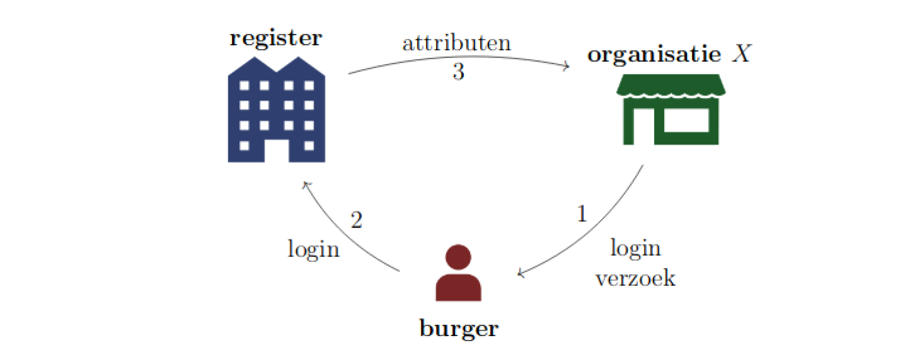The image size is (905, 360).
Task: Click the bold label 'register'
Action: (275, 38)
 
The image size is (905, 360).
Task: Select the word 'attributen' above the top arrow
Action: (456, 44)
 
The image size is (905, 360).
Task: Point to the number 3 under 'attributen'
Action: (458, 72)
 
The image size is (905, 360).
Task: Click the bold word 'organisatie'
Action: (654, 55)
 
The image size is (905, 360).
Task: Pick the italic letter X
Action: (742, 55)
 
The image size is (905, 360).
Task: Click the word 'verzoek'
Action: (635, 278)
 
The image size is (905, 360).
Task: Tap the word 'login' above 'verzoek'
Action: (635, 249)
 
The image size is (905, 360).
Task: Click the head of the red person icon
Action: (458, 257)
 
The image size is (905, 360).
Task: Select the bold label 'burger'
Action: (458, 328)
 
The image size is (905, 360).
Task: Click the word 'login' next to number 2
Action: (314, 249)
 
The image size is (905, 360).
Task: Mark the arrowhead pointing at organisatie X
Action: (568, 66)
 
